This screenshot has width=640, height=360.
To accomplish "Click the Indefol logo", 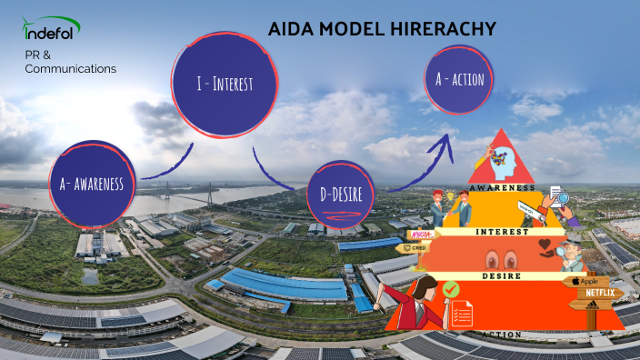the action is tap(51, 34).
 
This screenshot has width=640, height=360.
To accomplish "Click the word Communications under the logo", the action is tap(71, 69).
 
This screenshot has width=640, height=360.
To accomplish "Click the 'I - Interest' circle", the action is tap(224, 85).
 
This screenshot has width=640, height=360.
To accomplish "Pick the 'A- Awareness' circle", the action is tap(93, 184).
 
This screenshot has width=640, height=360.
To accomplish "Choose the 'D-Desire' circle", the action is tap(341, 193).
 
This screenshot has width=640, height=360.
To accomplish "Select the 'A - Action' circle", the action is tap(460, 80).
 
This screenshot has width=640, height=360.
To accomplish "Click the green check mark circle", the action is tap(449, 289).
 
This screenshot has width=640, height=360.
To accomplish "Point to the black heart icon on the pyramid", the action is tap(546, 245).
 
